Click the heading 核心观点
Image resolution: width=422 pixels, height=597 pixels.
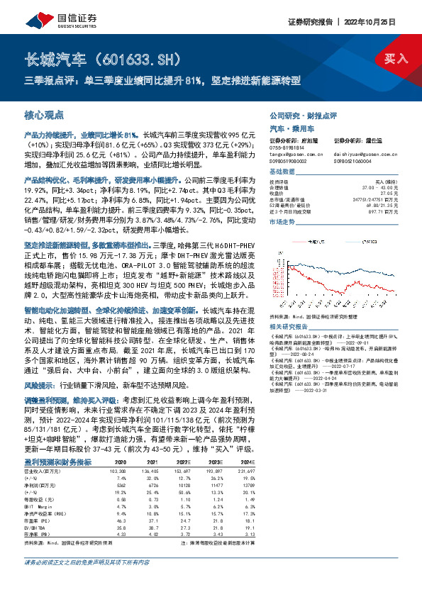click(x=44, y=113)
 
